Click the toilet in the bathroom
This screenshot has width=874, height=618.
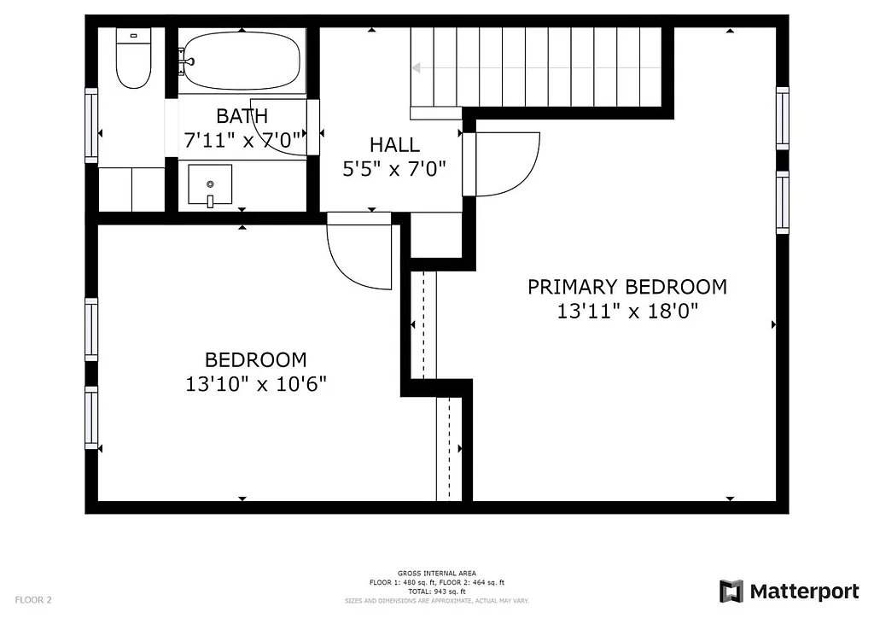133,60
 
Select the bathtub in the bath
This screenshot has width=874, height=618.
242,61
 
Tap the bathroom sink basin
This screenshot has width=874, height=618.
210,185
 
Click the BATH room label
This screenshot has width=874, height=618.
242,116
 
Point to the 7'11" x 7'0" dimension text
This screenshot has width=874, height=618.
242,140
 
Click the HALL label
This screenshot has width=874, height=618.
394,145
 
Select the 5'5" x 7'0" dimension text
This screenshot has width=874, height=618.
394,169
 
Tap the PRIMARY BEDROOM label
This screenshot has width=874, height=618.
627,287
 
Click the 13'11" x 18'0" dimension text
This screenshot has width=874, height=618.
627,312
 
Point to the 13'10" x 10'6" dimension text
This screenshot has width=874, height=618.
255,384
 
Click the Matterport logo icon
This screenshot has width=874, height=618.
731,591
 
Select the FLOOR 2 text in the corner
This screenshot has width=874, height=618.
33,600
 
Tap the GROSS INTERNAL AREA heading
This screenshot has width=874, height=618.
436,573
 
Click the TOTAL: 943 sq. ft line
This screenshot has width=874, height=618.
436,592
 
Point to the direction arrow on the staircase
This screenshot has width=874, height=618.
417,67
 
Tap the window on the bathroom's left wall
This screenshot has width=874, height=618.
91,125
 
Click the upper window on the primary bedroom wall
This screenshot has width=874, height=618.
782,118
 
